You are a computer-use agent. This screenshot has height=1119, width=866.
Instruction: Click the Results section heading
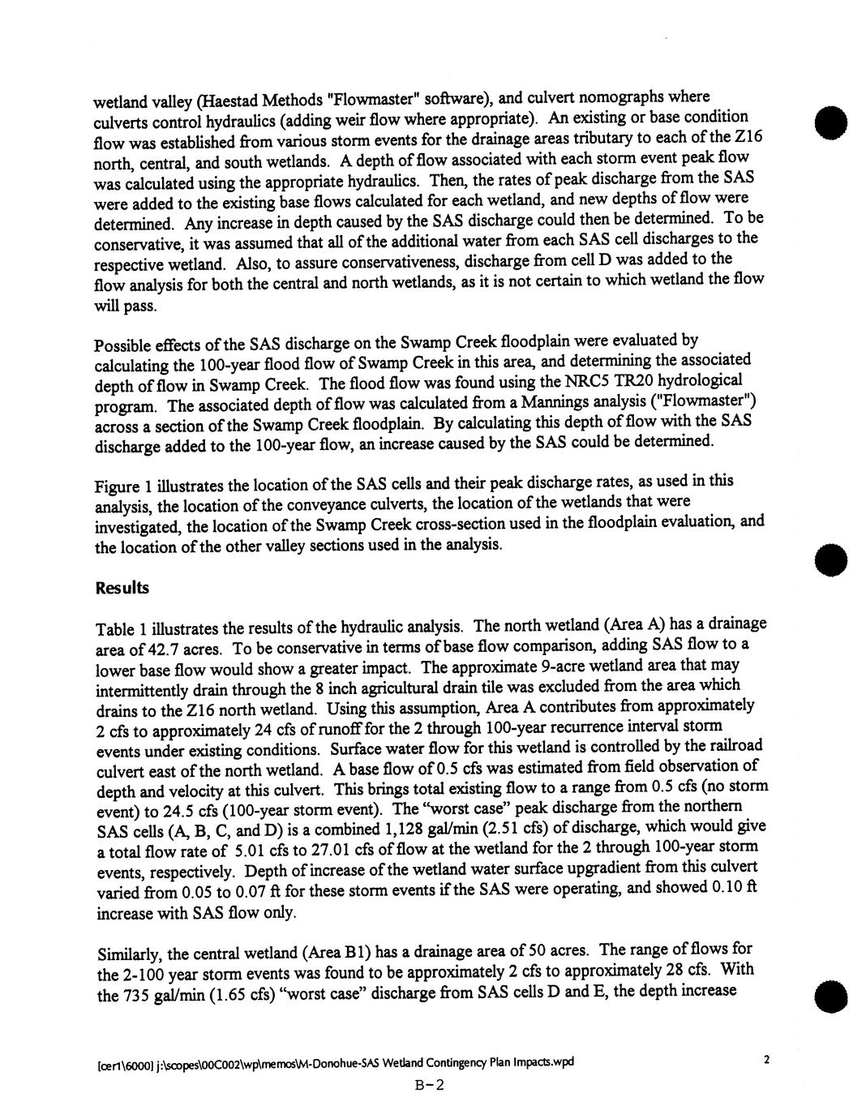pyautogui.click(x=122, y=588)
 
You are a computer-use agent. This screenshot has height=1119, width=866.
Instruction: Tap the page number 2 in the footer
pyautogui.click(x=767, y=1059)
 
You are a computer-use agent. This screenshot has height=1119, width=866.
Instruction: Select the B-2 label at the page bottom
pyautogui.click(x=431, y=1085)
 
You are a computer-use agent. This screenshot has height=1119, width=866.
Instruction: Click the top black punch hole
pyautogui.click(x=829, y=126)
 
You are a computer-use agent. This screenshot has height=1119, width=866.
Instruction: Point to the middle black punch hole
pyautogui.click(x=829, y=559)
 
